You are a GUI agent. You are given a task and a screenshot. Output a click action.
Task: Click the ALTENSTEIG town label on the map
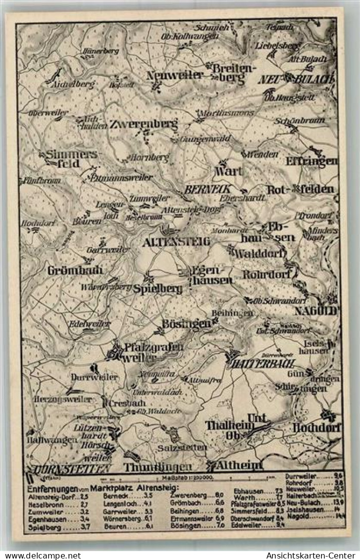pyautogui.click(x=176, y=242)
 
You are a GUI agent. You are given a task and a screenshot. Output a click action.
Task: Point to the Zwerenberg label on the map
pyautogui.click(x=144, y=124)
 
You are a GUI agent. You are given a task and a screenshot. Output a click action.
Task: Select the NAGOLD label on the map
pyautogui.click(x=315, y=311)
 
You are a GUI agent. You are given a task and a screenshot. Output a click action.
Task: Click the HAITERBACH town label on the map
pyautogui.click(x=261, y=363)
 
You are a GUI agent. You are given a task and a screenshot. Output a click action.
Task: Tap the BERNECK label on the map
pyautogui.click(x=201, y=189)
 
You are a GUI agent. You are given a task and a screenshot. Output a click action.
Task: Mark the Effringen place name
pyautogui.click(x=311, y=161)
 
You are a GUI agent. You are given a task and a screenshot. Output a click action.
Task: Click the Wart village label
pyautogui.click(x=228, y=171)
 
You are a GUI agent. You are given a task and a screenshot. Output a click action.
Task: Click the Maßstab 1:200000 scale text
pyautogui.click(x=187, y=478)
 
